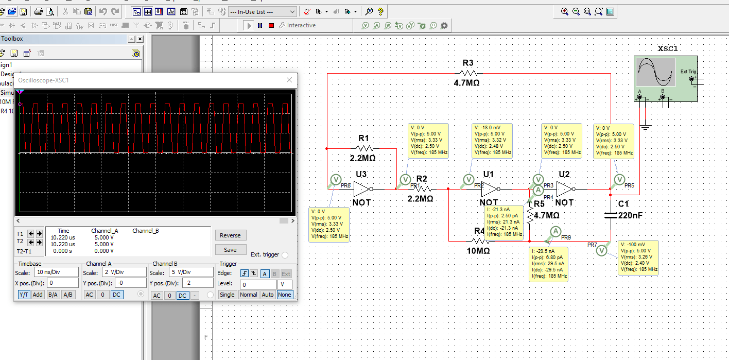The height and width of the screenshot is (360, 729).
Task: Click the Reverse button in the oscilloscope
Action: (x=230, y=235)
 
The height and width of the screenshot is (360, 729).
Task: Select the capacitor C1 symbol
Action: (x=610, y=215)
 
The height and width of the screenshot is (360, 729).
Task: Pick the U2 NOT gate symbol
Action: (x=565, y=189)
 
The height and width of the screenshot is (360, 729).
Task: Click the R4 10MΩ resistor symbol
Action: (x=480, y=241)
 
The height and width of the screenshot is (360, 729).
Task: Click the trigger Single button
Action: (x=227, y=295)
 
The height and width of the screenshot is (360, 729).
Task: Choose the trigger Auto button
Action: (x=267, y=295)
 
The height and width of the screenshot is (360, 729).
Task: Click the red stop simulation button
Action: (x=271, y=25)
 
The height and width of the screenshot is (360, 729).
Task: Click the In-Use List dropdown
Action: (x=263, y=11)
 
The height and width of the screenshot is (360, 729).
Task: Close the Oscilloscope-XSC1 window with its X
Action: (x=289, y=80)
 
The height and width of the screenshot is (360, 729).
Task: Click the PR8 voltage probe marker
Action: (x=335, y=179)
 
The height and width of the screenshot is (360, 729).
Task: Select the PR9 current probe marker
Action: (x=555, y=231)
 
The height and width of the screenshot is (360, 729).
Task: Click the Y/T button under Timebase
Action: (x=24, y=295)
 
